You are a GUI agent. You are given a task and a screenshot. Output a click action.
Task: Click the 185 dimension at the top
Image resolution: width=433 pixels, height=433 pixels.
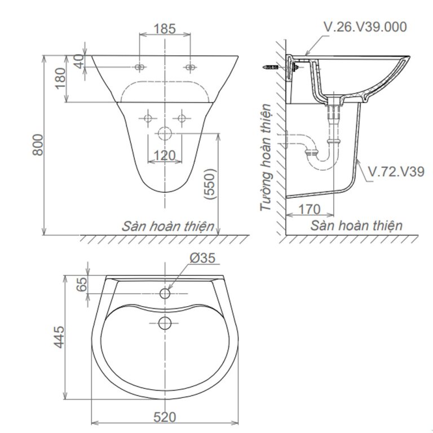(x=165, y=28)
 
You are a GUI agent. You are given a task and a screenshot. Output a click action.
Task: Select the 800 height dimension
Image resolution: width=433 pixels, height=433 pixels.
(x=38, y=145)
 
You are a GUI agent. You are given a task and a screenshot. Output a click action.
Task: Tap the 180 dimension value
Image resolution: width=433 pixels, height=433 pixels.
(x=60, y=79)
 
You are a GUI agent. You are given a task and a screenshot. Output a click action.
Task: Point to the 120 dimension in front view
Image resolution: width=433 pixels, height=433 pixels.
(x=164, y=154)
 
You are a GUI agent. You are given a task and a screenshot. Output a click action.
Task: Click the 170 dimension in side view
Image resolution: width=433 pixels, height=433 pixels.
(x=309, y=209)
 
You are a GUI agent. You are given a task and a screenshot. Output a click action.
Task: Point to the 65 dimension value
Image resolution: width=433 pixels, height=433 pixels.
(x=82, y=285)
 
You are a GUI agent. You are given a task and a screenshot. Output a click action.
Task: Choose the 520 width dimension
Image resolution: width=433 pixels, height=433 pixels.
(x=164, y=417)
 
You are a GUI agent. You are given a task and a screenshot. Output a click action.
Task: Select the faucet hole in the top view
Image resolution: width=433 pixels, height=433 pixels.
(x=165, y=294)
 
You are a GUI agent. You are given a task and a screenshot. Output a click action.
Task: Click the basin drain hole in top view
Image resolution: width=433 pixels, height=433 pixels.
(x=165, y=322)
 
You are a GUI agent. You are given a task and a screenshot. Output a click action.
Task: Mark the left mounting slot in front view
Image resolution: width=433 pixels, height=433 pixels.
(x=140, y=68)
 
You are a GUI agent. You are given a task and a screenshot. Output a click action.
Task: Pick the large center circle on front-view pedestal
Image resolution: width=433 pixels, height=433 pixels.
(x=165, y=134)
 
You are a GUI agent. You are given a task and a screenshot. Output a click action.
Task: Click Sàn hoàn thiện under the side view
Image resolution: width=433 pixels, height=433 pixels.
(x=356, y=226)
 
